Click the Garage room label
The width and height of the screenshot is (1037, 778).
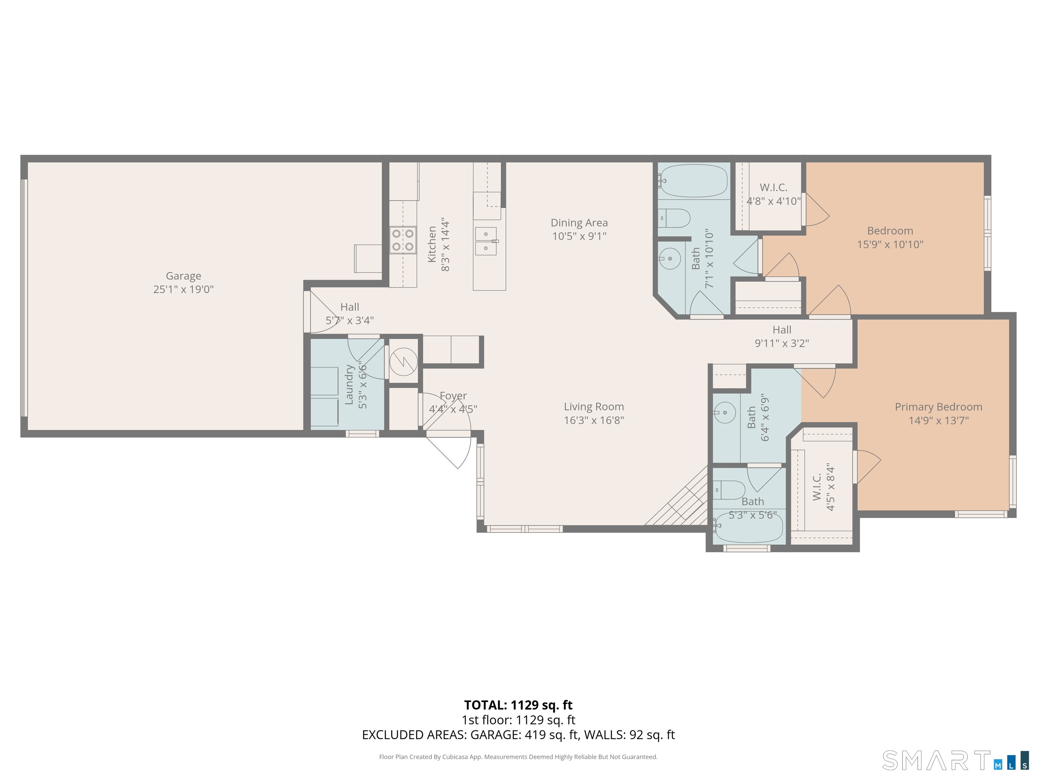tap(183, 276)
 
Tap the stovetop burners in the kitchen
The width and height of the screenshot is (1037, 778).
tap(403, 240)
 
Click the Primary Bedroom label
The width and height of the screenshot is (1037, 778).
tap(938, 407)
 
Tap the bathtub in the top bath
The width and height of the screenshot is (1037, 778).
tap(693, 181)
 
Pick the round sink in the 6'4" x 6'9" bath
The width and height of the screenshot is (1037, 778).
tap(724, 413)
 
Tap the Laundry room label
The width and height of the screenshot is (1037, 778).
tap(349, 385)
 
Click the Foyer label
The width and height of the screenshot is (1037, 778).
tap(453, 396)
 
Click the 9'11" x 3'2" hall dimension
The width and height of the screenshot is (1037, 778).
tap(781, 343)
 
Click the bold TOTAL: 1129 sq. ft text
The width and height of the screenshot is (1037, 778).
tap(518, 705)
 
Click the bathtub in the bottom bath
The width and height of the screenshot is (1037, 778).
tap(748, 527)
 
